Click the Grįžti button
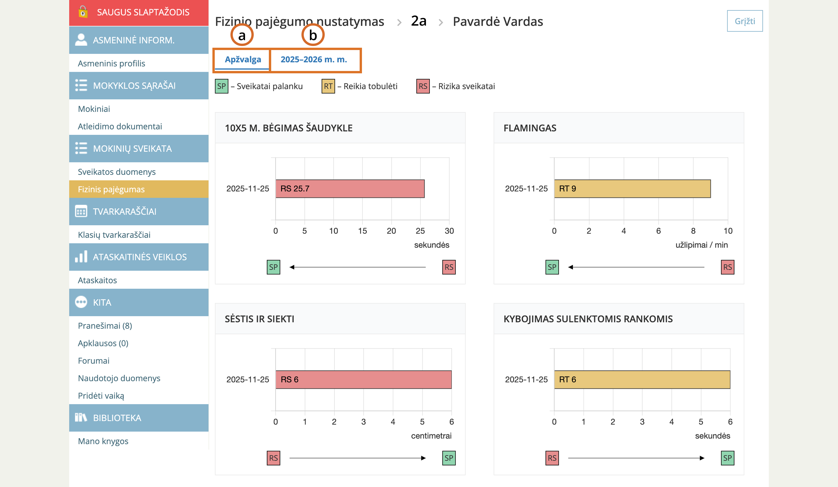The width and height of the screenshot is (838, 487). click(745, 21)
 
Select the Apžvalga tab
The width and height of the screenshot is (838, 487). click(243, 60)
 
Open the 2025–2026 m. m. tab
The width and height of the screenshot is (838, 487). click(314, 60)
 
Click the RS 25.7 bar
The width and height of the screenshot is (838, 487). click(350, 189)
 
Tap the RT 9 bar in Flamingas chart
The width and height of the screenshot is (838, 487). click(632, 189)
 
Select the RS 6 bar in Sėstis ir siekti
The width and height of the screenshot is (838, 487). click(363, 379)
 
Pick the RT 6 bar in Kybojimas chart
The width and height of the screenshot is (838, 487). click(642, 379)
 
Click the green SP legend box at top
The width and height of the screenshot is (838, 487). click(221, 86)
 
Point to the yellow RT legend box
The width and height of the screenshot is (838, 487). click(328, 86)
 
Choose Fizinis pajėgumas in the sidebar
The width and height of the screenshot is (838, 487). click(111, 189)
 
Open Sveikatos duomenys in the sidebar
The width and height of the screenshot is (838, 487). click(116, 172)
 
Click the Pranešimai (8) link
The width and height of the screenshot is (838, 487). click(105, 326)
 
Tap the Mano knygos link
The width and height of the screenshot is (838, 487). click(103, 441)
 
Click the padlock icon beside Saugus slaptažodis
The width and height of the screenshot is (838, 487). click(83, 12)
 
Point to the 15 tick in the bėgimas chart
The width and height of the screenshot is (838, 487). click(362, 231)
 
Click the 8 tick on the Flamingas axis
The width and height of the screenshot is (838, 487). click(693, 231)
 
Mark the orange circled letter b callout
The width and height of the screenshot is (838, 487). click(313, 35)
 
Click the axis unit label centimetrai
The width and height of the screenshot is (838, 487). click(431, 436)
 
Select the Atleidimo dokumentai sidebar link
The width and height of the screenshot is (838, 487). click(120, 126)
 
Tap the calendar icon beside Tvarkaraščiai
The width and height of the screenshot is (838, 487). click(81, 211)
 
